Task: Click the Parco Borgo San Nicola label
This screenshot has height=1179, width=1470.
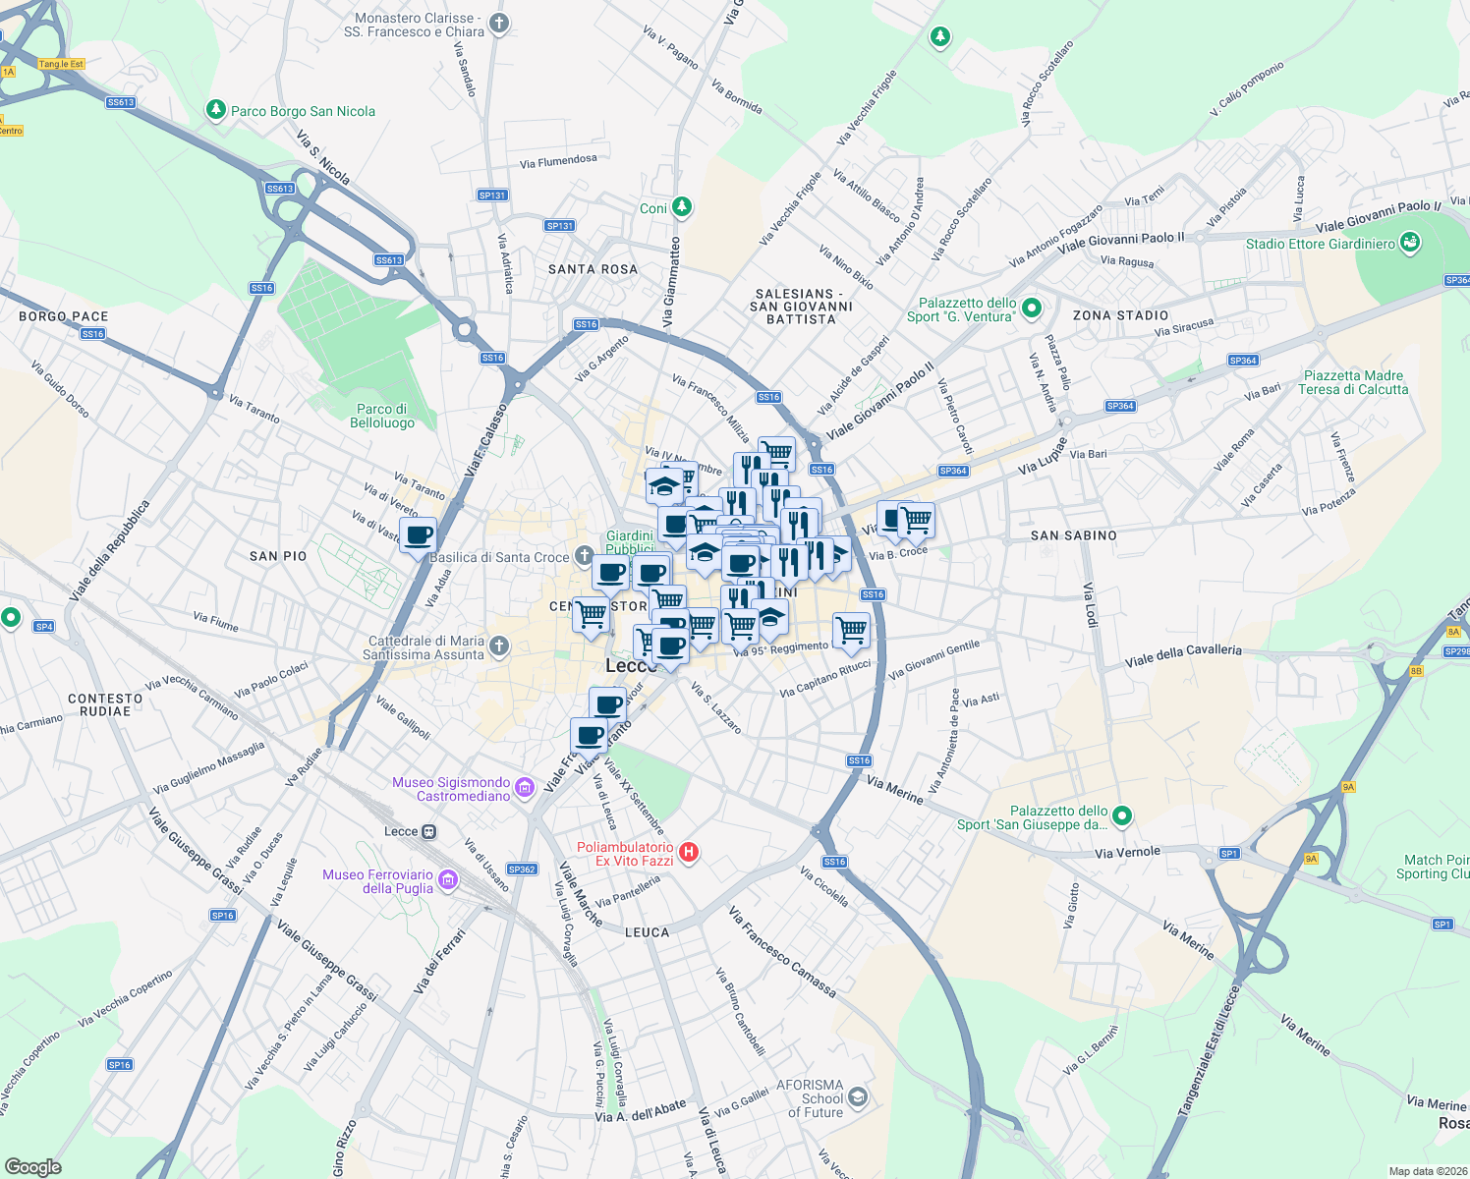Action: click(303, 111)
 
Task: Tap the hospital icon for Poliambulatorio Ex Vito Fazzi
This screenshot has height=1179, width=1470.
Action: click(689, 853)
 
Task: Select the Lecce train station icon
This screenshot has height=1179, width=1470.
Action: click(429, 832)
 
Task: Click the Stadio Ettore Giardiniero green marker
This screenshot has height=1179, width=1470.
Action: click(1410, 243)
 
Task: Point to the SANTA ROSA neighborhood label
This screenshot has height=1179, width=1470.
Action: click(593, 269)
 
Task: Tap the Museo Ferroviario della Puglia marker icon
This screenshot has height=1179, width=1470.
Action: click(448, 879)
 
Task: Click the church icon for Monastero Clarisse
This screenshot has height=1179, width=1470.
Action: click(499, 24)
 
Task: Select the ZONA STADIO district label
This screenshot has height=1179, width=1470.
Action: click(1120, 315)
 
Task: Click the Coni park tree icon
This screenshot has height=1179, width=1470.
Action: click(681, 207)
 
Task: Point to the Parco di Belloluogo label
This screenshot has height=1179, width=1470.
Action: click(382, 416)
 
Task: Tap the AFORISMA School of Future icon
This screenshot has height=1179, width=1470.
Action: click(858, 1096)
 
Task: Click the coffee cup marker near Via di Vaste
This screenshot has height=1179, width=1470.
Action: click(419, 535)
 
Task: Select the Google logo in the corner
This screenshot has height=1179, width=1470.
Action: click(32, 1166)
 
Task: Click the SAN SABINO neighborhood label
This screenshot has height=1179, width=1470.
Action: click(1073, 535)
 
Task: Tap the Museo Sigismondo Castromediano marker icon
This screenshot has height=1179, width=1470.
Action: click(525, 787)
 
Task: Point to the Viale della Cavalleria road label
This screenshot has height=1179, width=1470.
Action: click(1183, 655)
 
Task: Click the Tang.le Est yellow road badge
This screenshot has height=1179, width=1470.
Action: click(61, 64)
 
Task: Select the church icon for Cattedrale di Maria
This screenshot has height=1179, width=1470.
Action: click(499, 646)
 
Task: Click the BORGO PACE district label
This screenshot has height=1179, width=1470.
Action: click(64, 316)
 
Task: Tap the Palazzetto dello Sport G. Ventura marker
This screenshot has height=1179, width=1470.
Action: click(1031, 309)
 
